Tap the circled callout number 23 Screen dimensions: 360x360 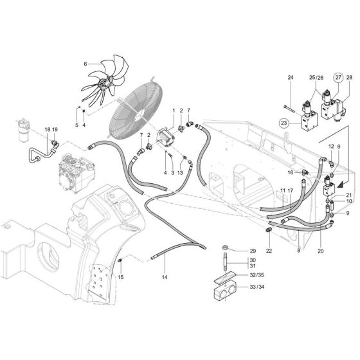(285, 122)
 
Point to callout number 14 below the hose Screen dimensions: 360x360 (165, 277)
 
